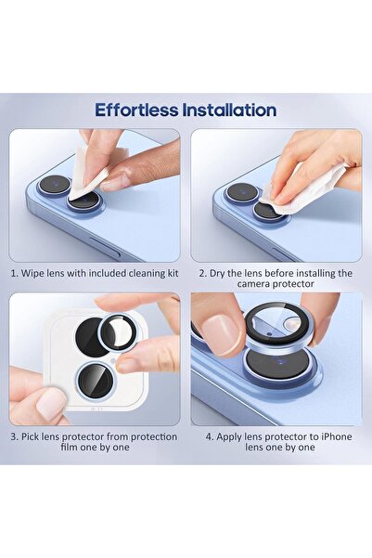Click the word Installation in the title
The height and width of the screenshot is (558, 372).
coord(229,110)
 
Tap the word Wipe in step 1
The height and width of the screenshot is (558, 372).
coord(39,274)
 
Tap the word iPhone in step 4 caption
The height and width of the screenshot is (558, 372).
coord(336,435)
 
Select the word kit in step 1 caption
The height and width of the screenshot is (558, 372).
coord(163,274)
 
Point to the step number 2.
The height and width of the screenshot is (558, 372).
coord(200,274)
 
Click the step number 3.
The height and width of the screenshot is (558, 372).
coord(15,435)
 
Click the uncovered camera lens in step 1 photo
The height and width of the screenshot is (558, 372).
coord(54,185)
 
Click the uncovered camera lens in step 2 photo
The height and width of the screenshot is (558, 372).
coord(241,193)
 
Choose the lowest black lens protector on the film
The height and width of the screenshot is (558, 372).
coord(91,380)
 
